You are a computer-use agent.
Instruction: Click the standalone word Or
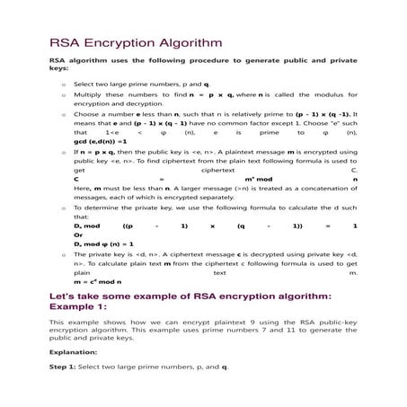click(x=78, y=234)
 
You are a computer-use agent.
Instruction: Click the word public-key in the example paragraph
click(x=336, y=322)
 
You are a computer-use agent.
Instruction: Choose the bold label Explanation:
click(x=73, y=353)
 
